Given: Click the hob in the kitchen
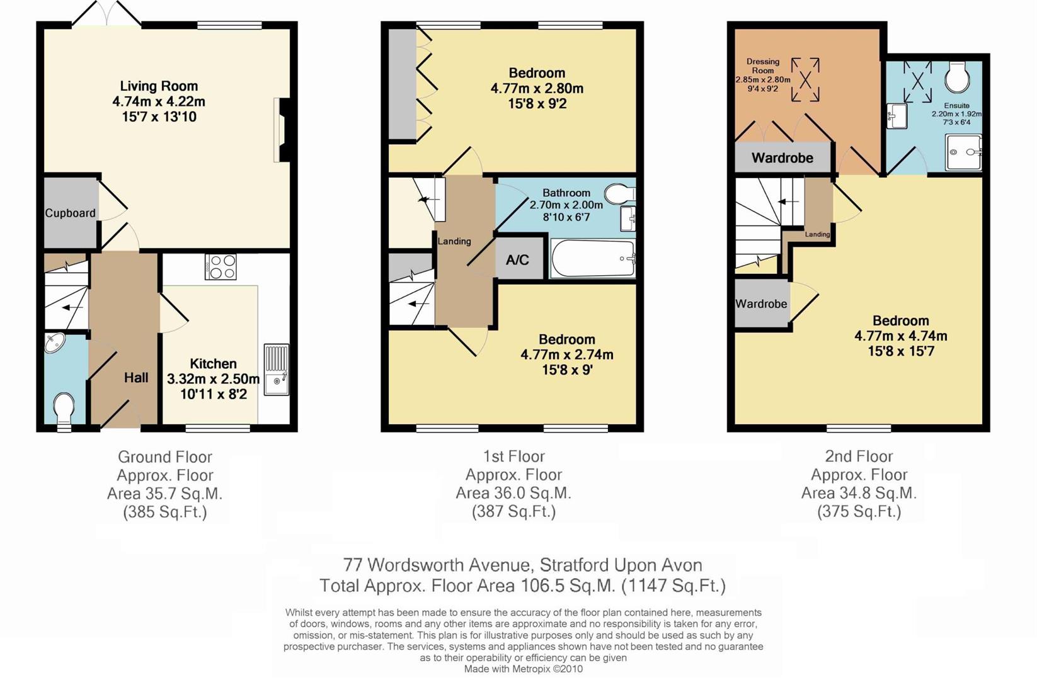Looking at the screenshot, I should point(221,266).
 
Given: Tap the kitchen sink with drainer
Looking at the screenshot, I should point(276,370).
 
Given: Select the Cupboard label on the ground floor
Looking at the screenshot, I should point(70,213).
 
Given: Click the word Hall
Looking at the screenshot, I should point(136,378).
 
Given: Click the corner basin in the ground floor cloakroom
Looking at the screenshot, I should point(55,343).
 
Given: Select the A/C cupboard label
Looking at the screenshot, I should point(517,259).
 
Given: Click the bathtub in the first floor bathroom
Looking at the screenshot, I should point(592,259).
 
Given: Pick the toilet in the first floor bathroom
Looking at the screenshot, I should point(620,192).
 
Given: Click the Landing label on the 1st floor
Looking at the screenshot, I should point(454,241).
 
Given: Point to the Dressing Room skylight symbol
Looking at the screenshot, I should point(805,79).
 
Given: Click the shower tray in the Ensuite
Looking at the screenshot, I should point(963,152).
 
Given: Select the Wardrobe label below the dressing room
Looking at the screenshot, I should point(782,158).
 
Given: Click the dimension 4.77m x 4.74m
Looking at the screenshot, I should point(900,336).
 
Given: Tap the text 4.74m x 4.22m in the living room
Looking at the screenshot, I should point(159,101).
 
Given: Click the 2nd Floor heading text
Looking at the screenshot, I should point(859,456).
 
